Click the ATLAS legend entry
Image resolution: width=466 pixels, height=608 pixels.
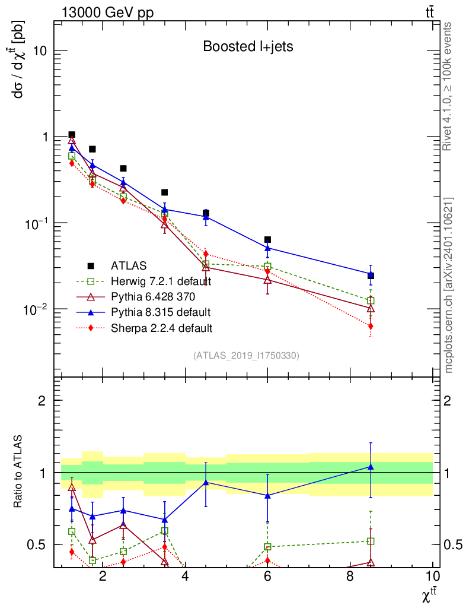128,265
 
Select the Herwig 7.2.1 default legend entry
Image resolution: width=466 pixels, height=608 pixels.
161,281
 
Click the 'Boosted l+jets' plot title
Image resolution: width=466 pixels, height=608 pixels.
248,46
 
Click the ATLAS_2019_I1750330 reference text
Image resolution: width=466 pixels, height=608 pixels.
246,356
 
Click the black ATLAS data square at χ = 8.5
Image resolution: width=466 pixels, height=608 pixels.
371,275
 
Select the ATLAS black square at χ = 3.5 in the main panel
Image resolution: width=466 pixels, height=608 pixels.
164,192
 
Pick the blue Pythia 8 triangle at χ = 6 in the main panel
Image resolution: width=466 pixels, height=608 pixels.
267,248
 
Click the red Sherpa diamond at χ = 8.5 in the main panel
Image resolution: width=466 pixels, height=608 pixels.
371,326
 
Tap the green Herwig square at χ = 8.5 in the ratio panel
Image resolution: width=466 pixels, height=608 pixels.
371,541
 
